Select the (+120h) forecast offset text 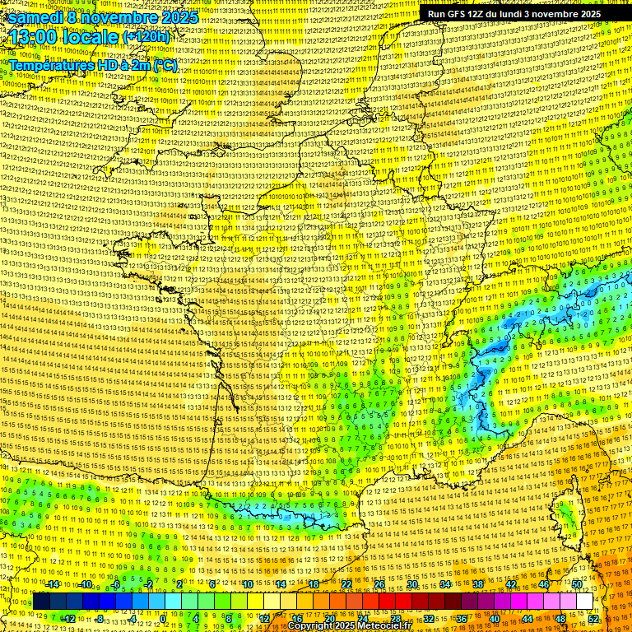146,37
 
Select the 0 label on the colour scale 163,619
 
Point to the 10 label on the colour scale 247,584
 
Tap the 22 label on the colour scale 346,584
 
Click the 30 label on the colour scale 411,584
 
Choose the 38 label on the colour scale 477,584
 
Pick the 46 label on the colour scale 543,584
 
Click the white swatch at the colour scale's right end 584,602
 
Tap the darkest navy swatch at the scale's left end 41,602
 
